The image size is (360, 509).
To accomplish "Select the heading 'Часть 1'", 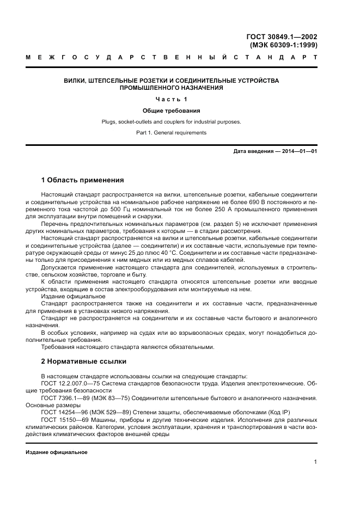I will pyautogui.click(x=171, y=99).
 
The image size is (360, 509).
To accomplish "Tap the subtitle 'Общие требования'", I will pyautogui.click(x=171, y=111).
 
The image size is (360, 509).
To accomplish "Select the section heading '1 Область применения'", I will pyautogui.click(x=83, y=180).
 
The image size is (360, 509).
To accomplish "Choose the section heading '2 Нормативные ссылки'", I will pyautogui.click(x=84, y=361).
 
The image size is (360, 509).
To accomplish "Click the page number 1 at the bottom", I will pyautogui.click(x=315, y=462).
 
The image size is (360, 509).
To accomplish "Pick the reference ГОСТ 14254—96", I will pyautogui.click(x=65, y=413).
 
